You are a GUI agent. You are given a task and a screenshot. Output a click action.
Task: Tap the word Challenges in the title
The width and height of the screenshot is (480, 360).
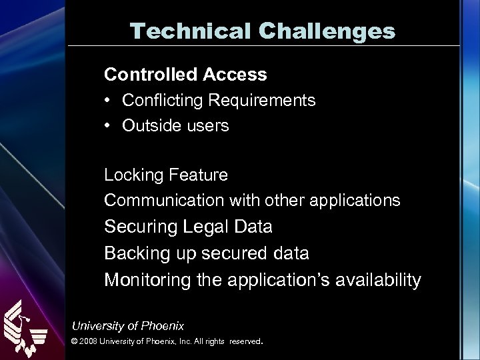pyautogui.click(x=319, y=30)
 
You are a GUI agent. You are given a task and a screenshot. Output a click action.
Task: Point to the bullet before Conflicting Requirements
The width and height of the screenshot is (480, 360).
pyautogui.click(x=108, y=101)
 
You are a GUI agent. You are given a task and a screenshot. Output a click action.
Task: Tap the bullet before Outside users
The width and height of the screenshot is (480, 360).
pyautogui.click(x=108, y=126)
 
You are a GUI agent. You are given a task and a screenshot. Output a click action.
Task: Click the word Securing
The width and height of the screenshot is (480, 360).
pyautogui.click(x=138, y=227)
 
